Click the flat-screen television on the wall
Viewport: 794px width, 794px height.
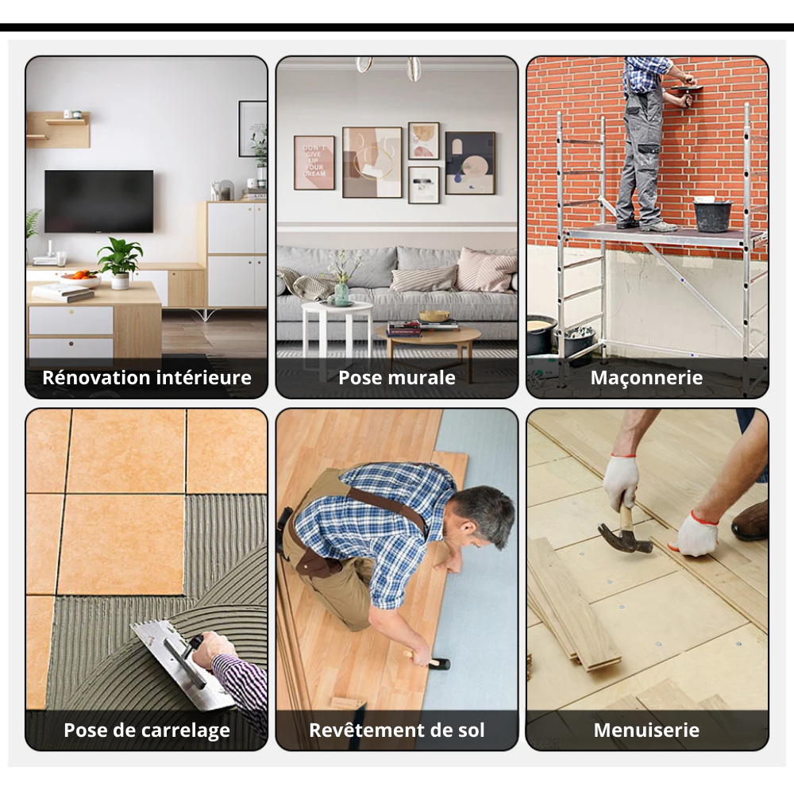click(x=98, y=201)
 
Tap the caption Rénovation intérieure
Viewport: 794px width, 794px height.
click(x=147, y=377)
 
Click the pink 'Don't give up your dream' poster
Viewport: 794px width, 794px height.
click(x=314, y=163)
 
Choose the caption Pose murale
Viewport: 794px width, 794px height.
click(x=397, y=377)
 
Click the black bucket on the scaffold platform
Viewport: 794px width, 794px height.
click(x=712, y=214)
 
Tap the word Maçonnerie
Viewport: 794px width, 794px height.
click(x=646, y=377)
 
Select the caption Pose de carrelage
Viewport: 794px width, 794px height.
click(x=147, y=730)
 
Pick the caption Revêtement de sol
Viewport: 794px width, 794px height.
click(x=397, y=730)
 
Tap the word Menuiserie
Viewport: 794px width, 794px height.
click(x=646, y=730)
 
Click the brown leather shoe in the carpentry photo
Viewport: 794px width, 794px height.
click(x=750, y=520)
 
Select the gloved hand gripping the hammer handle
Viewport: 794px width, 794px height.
click(x=620, y=481)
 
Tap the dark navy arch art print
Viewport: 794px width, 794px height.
click(x=470, y=163)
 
